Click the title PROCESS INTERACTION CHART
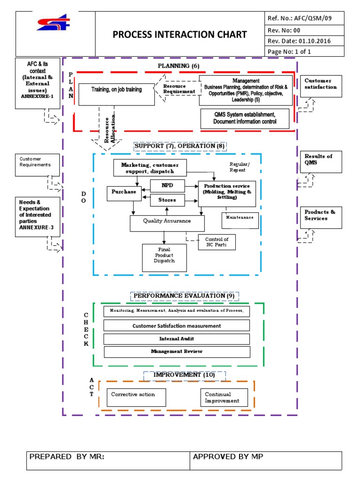pos(180,35)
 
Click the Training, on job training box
pos(117,94)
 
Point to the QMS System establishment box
pos(245,118)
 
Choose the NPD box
pos(167,186)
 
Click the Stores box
pos(167,200)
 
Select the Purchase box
pos(124,192)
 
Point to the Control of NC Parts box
pos(217,242)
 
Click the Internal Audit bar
pos(176,339)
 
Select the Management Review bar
pos(176,352)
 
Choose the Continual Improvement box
pos(223,398)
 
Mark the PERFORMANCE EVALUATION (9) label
pos(184,296)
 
